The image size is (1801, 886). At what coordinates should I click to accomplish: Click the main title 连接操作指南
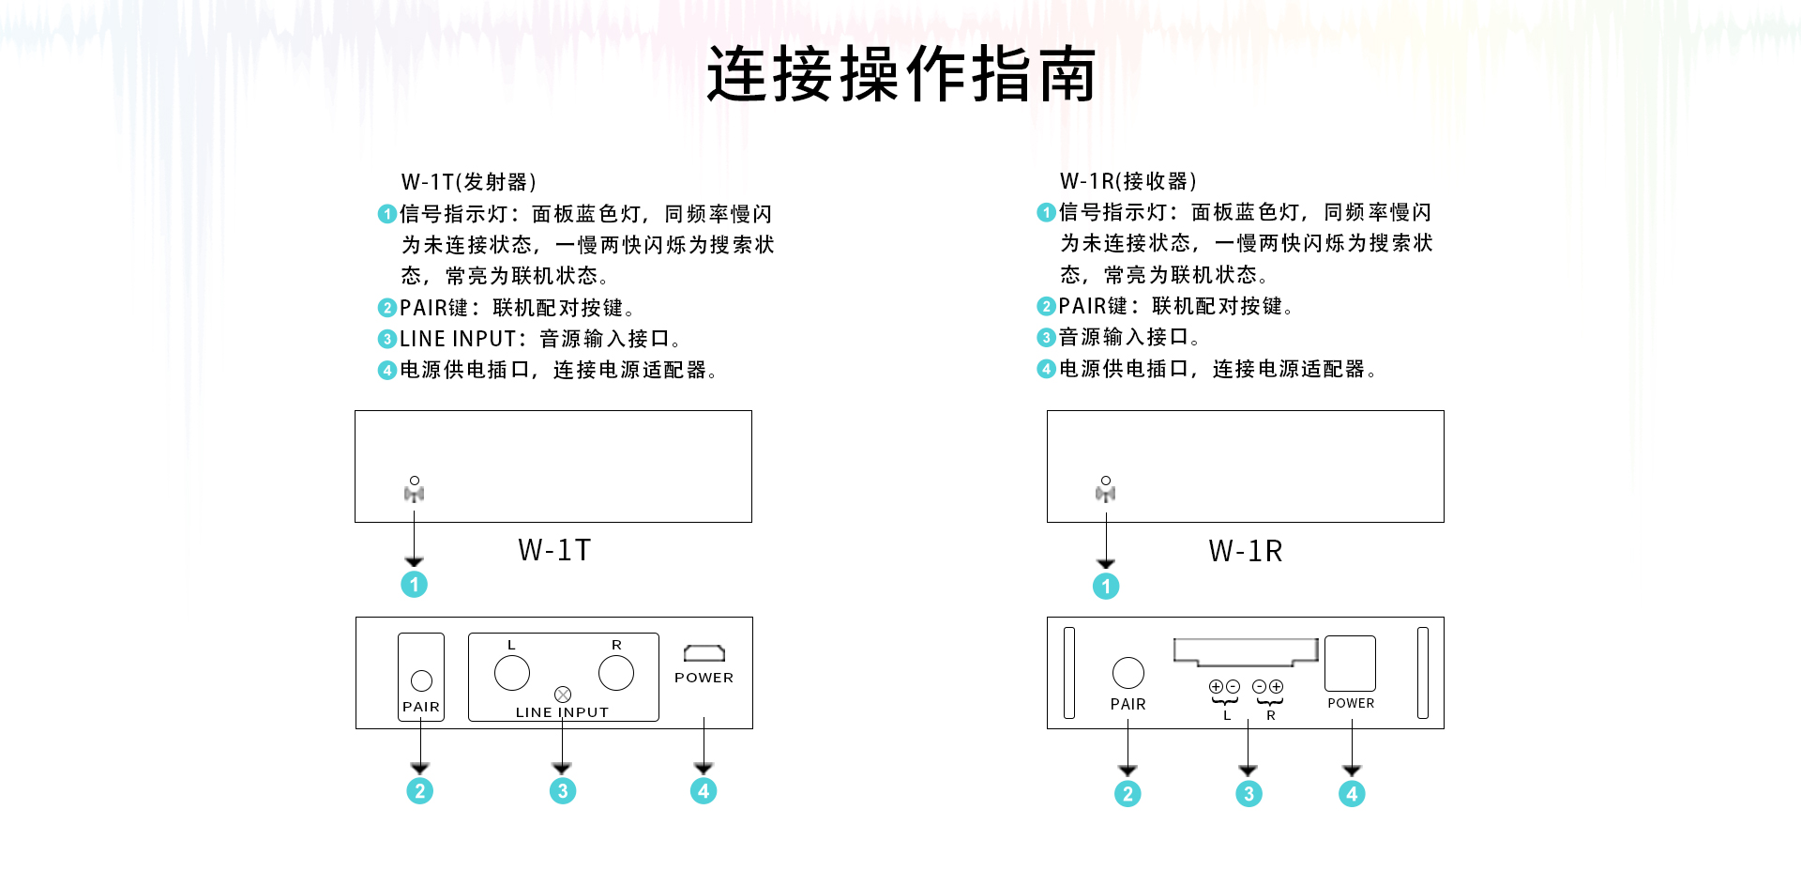point(900,74)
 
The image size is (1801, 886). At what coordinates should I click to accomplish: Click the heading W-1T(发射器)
point(468,181)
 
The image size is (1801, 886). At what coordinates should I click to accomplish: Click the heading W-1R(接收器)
point(1128,180)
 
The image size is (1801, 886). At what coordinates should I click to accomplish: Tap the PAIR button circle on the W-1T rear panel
point(421,680)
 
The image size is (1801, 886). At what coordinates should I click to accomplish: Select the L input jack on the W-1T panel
point(512,672)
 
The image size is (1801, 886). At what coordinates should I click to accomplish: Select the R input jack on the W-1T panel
point(616,672)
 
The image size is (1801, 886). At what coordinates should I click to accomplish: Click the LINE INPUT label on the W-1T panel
point(562,712)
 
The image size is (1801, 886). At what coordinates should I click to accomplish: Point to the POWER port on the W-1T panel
point(704,653)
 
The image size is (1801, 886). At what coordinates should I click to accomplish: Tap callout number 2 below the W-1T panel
point(419,791)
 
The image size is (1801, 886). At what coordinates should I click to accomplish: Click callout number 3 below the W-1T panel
point(562,791)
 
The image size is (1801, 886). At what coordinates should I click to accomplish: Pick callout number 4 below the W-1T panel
point(704,791)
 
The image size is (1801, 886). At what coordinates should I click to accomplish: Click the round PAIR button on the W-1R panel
point(1128,672)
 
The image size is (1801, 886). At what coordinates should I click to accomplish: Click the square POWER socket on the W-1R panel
point(1350,664)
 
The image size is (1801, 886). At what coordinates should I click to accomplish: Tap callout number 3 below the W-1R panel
point(1248,794)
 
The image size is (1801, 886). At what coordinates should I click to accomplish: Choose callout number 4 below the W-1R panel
point(1352,794)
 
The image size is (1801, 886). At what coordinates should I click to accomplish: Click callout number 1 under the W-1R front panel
point(1106,587)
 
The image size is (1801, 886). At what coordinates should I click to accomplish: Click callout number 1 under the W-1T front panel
point(414,585)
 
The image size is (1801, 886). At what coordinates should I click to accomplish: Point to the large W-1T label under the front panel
point(554,550)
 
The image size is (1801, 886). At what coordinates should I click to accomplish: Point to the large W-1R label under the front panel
point(1245,551)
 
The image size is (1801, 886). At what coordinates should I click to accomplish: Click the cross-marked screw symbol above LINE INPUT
point(563,695)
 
